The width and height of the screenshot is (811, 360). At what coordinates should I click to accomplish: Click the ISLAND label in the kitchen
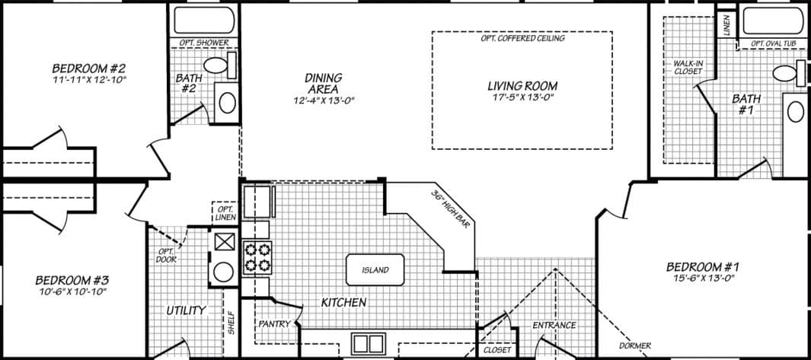[x=375, y=269]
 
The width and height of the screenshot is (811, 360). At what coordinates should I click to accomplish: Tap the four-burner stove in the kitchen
[x=257, y=257]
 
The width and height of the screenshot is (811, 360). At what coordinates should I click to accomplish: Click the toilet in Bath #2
[x=219, y=66]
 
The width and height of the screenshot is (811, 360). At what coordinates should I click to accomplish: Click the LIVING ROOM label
[x=522, y=85]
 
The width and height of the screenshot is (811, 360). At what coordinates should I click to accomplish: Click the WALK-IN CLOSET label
[x=688, y=67]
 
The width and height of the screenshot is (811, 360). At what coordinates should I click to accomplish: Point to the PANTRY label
[x=273, y=323]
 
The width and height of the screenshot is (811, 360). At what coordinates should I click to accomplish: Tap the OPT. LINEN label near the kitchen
[x=225, y=212]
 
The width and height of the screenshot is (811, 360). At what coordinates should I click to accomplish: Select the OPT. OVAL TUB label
[x=773, y=43]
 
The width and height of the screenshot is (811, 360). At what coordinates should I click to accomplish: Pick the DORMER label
[x=635, y=346]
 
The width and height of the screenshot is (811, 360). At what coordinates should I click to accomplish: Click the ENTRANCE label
[x=554, y=326]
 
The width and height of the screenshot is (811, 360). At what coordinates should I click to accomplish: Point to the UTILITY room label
[x=187, y=310]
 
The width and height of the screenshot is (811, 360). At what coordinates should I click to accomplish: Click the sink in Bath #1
[x=795, y=112]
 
